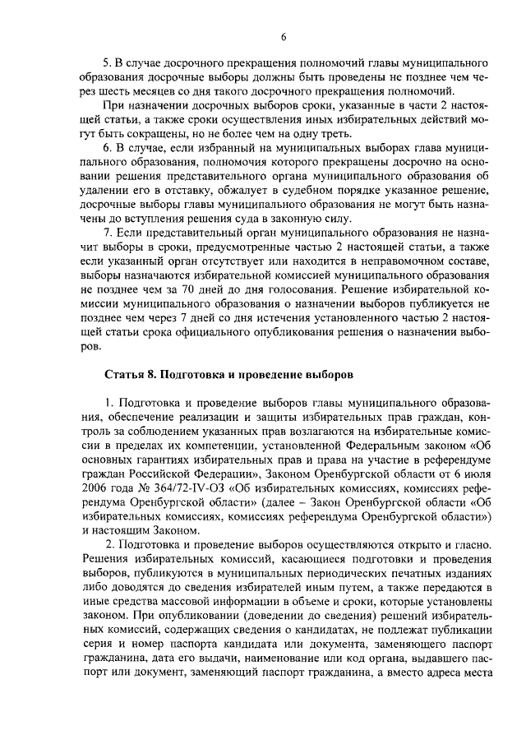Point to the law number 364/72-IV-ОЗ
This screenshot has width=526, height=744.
(182, 484)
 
